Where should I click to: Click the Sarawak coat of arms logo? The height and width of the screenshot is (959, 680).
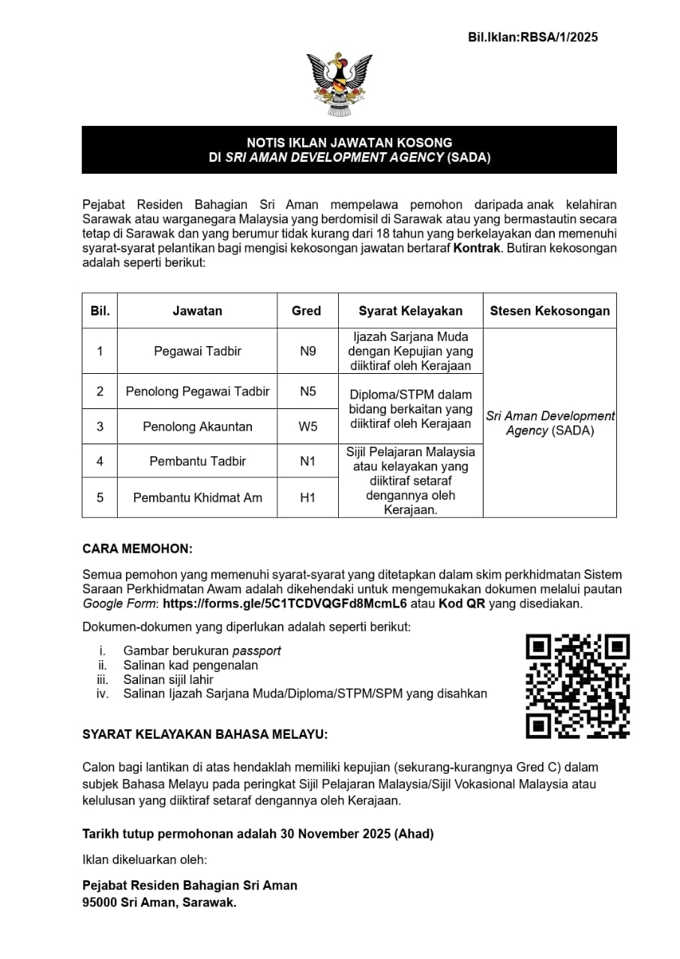pos(340,85)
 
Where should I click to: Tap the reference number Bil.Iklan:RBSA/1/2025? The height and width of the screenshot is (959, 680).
pos(532,37)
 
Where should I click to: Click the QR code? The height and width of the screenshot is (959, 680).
pos(577,686)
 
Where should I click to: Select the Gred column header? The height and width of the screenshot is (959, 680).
pos(306,310)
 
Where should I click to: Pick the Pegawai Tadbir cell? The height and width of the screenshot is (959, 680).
pos(197,351)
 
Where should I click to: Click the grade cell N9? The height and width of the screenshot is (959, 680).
pos(307,351)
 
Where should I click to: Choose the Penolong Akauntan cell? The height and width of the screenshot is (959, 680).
pos(197,426)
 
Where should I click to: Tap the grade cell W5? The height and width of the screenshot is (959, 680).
pos(307,426)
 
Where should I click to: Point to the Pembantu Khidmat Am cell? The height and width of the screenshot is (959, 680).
pos(197,497)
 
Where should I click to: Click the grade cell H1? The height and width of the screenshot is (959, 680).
pos(307,497)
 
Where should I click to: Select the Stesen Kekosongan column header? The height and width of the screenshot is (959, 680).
pos(550,310)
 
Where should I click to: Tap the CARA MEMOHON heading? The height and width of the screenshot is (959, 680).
pos(137,548)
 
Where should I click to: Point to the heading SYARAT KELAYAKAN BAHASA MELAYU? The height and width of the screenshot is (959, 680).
pos(205,734)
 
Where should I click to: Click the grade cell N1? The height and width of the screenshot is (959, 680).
pos(307,461)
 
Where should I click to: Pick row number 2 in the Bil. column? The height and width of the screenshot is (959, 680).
pos(100,391)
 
